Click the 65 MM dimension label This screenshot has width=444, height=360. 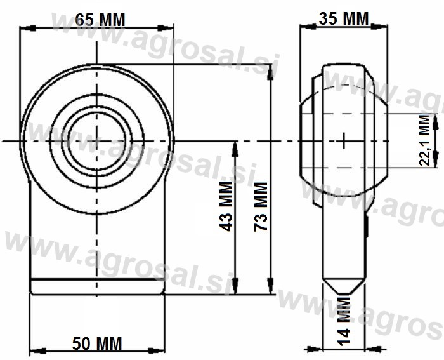point(100,20)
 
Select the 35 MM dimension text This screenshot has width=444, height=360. point(344,18)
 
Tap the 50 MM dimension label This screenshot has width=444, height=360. point(97,343)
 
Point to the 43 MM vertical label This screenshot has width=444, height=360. point(226,206)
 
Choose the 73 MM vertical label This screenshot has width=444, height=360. point(261,206)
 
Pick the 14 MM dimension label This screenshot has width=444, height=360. point(344,321)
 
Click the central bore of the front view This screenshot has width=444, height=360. point(97,141)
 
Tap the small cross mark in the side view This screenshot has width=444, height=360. point(344,140)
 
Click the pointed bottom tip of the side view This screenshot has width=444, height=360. point(344,293)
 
